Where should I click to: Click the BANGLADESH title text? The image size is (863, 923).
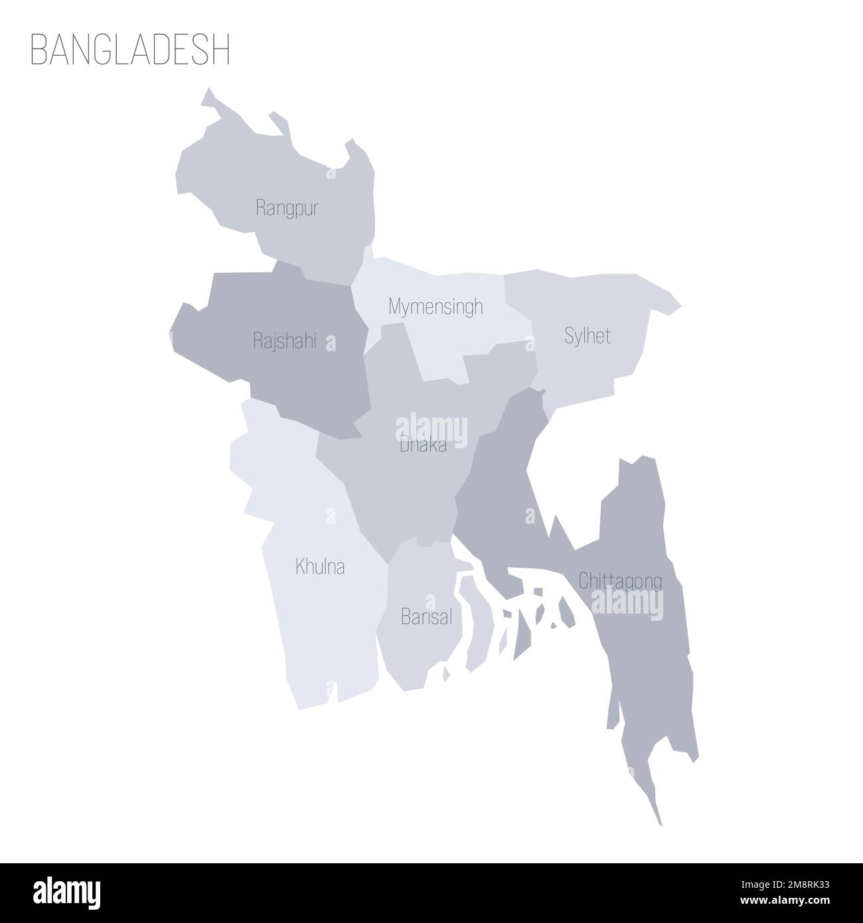[x=130, y=50]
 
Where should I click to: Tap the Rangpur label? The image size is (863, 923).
[x=287, y=209]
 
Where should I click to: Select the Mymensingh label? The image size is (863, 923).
[x=435, y=307]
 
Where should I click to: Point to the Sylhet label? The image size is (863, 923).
[x=588, y=336]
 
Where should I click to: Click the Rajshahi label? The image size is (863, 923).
[x=284, y=341]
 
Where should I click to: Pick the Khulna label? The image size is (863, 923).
[x=320, y=567]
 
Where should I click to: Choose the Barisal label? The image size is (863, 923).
[x=426, y=618]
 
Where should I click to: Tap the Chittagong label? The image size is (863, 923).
[x=620, y=581]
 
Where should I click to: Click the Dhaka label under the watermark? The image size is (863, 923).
[x=423, y=447]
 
